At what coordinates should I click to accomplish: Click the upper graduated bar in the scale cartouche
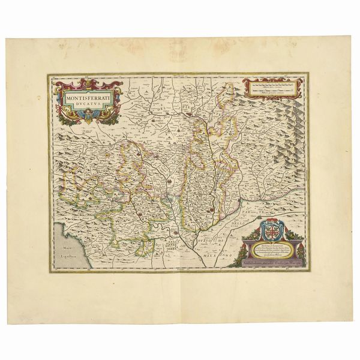[273, 85]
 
